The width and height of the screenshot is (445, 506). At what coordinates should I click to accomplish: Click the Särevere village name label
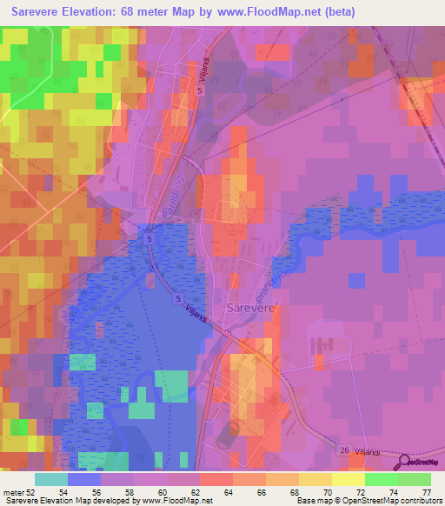coord(250,308)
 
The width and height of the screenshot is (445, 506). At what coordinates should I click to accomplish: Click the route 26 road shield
coord(345,449)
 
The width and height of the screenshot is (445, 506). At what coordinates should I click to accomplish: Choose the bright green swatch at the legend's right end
coord(415,480)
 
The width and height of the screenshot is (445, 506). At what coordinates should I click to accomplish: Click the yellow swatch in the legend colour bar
coord(348,480)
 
